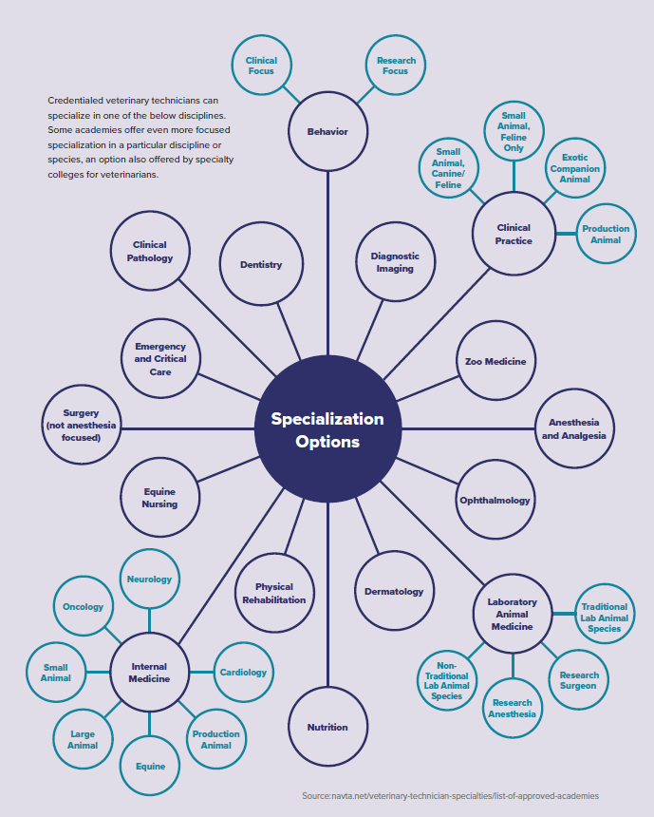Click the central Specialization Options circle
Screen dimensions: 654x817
click(328, 428)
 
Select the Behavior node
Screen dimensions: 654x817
click(328, 131)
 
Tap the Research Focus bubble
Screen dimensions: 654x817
click(396, 66)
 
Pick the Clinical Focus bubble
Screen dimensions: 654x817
click(261, 66)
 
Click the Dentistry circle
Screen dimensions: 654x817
click(261, 264)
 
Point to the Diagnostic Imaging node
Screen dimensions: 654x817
click(395, 261)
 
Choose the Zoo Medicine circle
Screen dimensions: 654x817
click(495, 361)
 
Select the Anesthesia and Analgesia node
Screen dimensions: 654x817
click(574, 428)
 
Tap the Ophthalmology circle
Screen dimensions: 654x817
click(495, 500)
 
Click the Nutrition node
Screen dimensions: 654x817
click(328, 727)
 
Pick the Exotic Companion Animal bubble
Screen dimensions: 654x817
click(575, 168)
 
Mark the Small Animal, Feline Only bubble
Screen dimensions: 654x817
click(514, 131)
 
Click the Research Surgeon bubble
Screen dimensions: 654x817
click(579, 680)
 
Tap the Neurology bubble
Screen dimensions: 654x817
click(150, 579)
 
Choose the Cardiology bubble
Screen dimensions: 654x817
click(243, 673)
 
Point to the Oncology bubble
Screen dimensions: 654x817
click(84, 606)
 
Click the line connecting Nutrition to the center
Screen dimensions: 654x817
click(328, 595)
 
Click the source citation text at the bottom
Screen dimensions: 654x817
click(451, 796)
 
